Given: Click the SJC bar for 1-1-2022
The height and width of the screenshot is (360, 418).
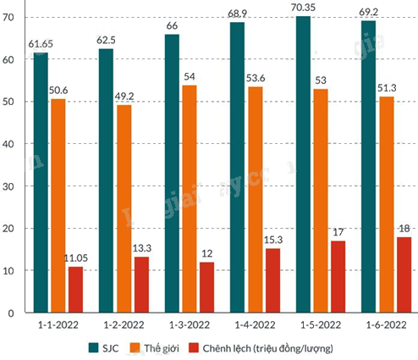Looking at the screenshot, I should click(41, 182).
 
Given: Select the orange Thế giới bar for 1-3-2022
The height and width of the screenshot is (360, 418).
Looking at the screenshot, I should click(190, 199).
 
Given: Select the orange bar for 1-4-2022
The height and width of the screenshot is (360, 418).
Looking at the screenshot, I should click(256, 200).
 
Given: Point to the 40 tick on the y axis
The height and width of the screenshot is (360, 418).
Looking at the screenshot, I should click(8, 144).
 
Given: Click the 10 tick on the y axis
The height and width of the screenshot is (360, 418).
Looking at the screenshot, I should click(8, 271).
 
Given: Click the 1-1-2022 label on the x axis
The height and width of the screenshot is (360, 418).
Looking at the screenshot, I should click(58, 325).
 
